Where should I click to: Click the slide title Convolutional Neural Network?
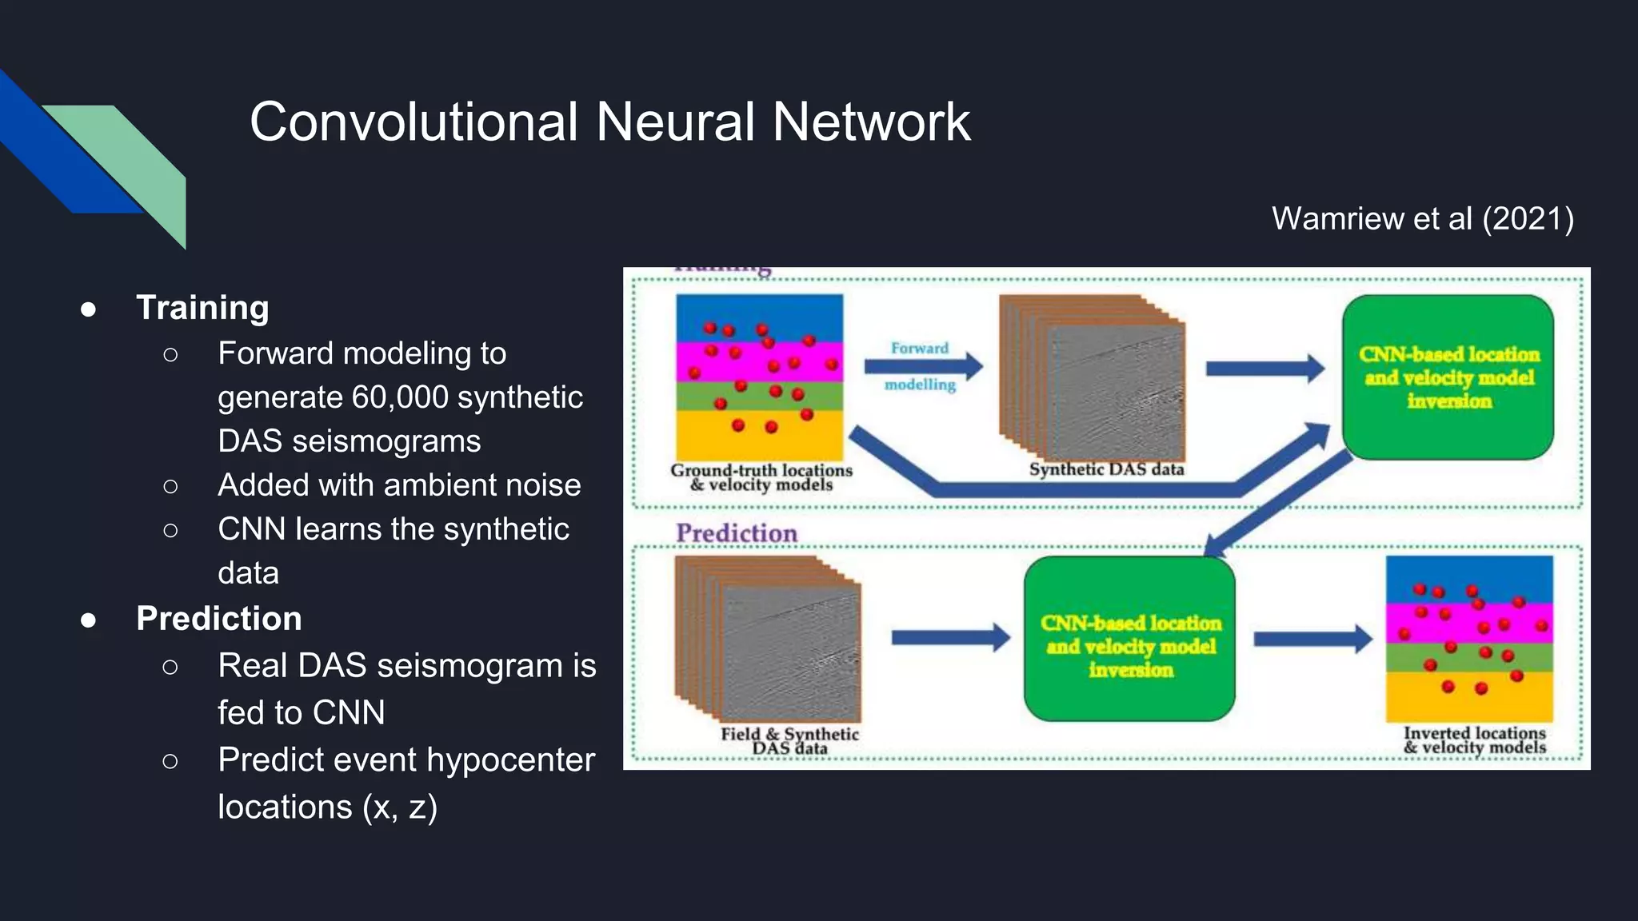click(609, 122)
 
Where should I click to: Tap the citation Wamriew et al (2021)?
click(1422, 218)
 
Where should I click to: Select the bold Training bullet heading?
click(202, 308)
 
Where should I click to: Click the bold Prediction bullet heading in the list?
click(218, 619)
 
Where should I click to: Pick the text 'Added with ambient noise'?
click(398, 485)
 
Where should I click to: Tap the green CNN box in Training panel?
click(1448, 377)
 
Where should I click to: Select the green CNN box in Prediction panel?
click(1129, 640)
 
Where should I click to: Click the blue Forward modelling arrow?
click(922, 367)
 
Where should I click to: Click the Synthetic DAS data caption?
click(1106, 469)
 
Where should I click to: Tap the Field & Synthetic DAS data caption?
click(789, 740)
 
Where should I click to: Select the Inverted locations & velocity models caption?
click(1474, 740)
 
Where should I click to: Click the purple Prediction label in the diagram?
click(736, 533)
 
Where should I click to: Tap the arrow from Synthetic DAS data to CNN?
click(1264, 368)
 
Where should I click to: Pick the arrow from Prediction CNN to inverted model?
click(1312, 639)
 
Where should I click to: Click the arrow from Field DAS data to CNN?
click(950, 637)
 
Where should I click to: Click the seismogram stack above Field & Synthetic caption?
click(768, 640)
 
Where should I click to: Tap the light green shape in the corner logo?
click(136, 160)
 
